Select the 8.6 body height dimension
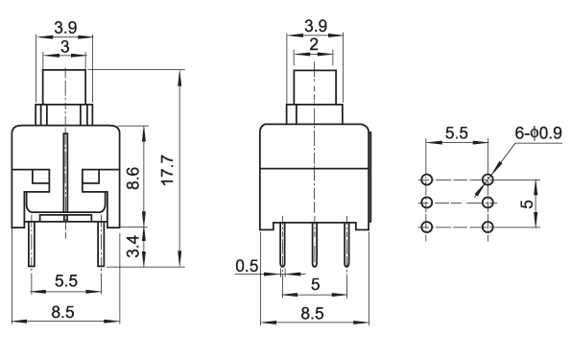coord(133,179)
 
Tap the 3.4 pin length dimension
coord(133,247)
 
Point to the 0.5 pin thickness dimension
coord(247,266)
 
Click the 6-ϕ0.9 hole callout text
coord(538,133)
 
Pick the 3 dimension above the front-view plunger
coord(65,47)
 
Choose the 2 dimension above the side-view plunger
coord(313,44)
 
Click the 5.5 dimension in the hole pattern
coord(456,133)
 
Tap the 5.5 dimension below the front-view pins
coord(66,281)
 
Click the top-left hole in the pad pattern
coord(427,180)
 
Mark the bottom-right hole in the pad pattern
coord(488,227)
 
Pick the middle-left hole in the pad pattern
coord(427,203)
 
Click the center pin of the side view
coord(315,245)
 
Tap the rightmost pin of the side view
coord(346,245)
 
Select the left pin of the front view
coord(32,244)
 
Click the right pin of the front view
coord(101,244)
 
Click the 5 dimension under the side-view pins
coord(316,284)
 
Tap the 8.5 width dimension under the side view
coord(313,313)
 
